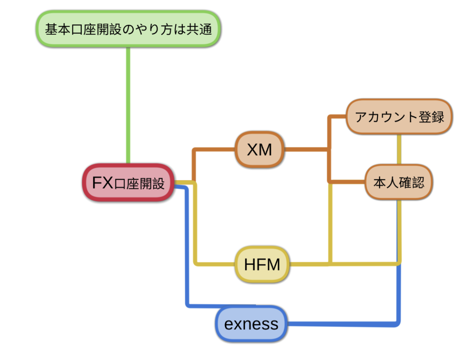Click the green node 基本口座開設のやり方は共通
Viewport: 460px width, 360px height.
coord(128,30)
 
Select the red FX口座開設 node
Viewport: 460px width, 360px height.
coord(128,183)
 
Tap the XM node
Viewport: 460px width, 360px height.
coord(260,150)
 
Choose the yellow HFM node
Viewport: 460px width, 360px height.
coord(262,264)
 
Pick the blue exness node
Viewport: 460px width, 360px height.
coord(251,324)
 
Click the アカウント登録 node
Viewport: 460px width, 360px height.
coord(399,117)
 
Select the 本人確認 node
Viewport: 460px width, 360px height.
coord(399,182)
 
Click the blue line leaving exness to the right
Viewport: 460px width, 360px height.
coord(342,325)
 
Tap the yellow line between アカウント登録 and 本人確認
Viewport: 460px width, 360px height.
coord(399,150)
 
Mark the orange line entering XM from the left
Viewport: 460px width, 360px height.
coord(214,150)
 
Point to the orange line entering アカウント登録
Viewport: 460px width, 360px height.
coord(338,117)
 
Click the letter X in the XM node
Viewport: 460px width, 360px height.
coord(252,150)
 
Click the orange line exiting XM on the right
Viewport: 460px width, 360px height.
coord(307,150)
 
